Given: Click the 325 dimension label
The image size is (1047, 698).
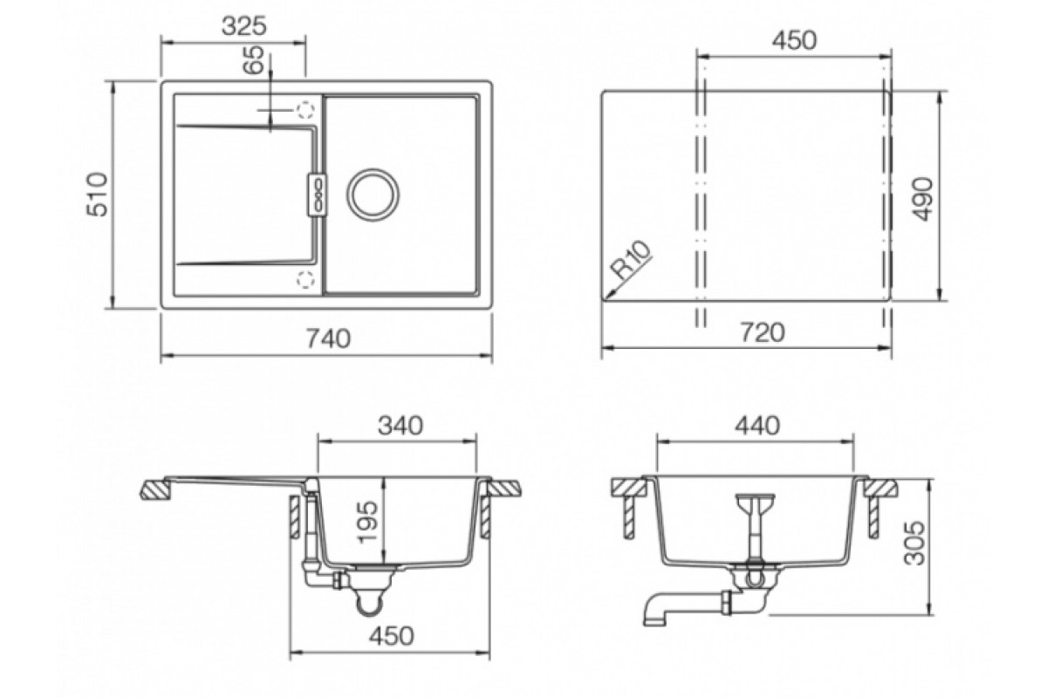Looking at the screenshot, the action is (x=243, y=26).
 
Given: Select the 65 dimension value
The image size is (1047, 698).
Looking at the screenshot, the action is (x=254, y=60).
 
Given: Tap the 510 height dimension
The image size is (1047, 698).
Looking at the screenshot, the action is (x=97, y=195).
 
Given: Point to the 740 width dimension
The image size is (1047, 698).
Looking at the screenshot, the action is (x=328, y=339).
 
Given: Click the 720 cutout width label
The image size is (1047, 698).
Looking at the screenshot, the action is (x=763, y=332).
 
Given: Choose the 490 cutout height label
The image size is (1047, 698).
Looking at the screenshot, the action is (x=922, y=199).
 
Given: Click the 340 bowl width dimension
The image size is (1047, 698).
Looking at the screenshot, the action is (x=400, y=426).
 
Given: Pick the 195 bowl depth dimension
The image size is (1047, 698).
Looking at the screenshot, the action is (x=367, y=523).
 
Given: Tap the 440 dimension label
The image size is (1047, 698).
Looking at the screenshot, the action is (x=757, y=426).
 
